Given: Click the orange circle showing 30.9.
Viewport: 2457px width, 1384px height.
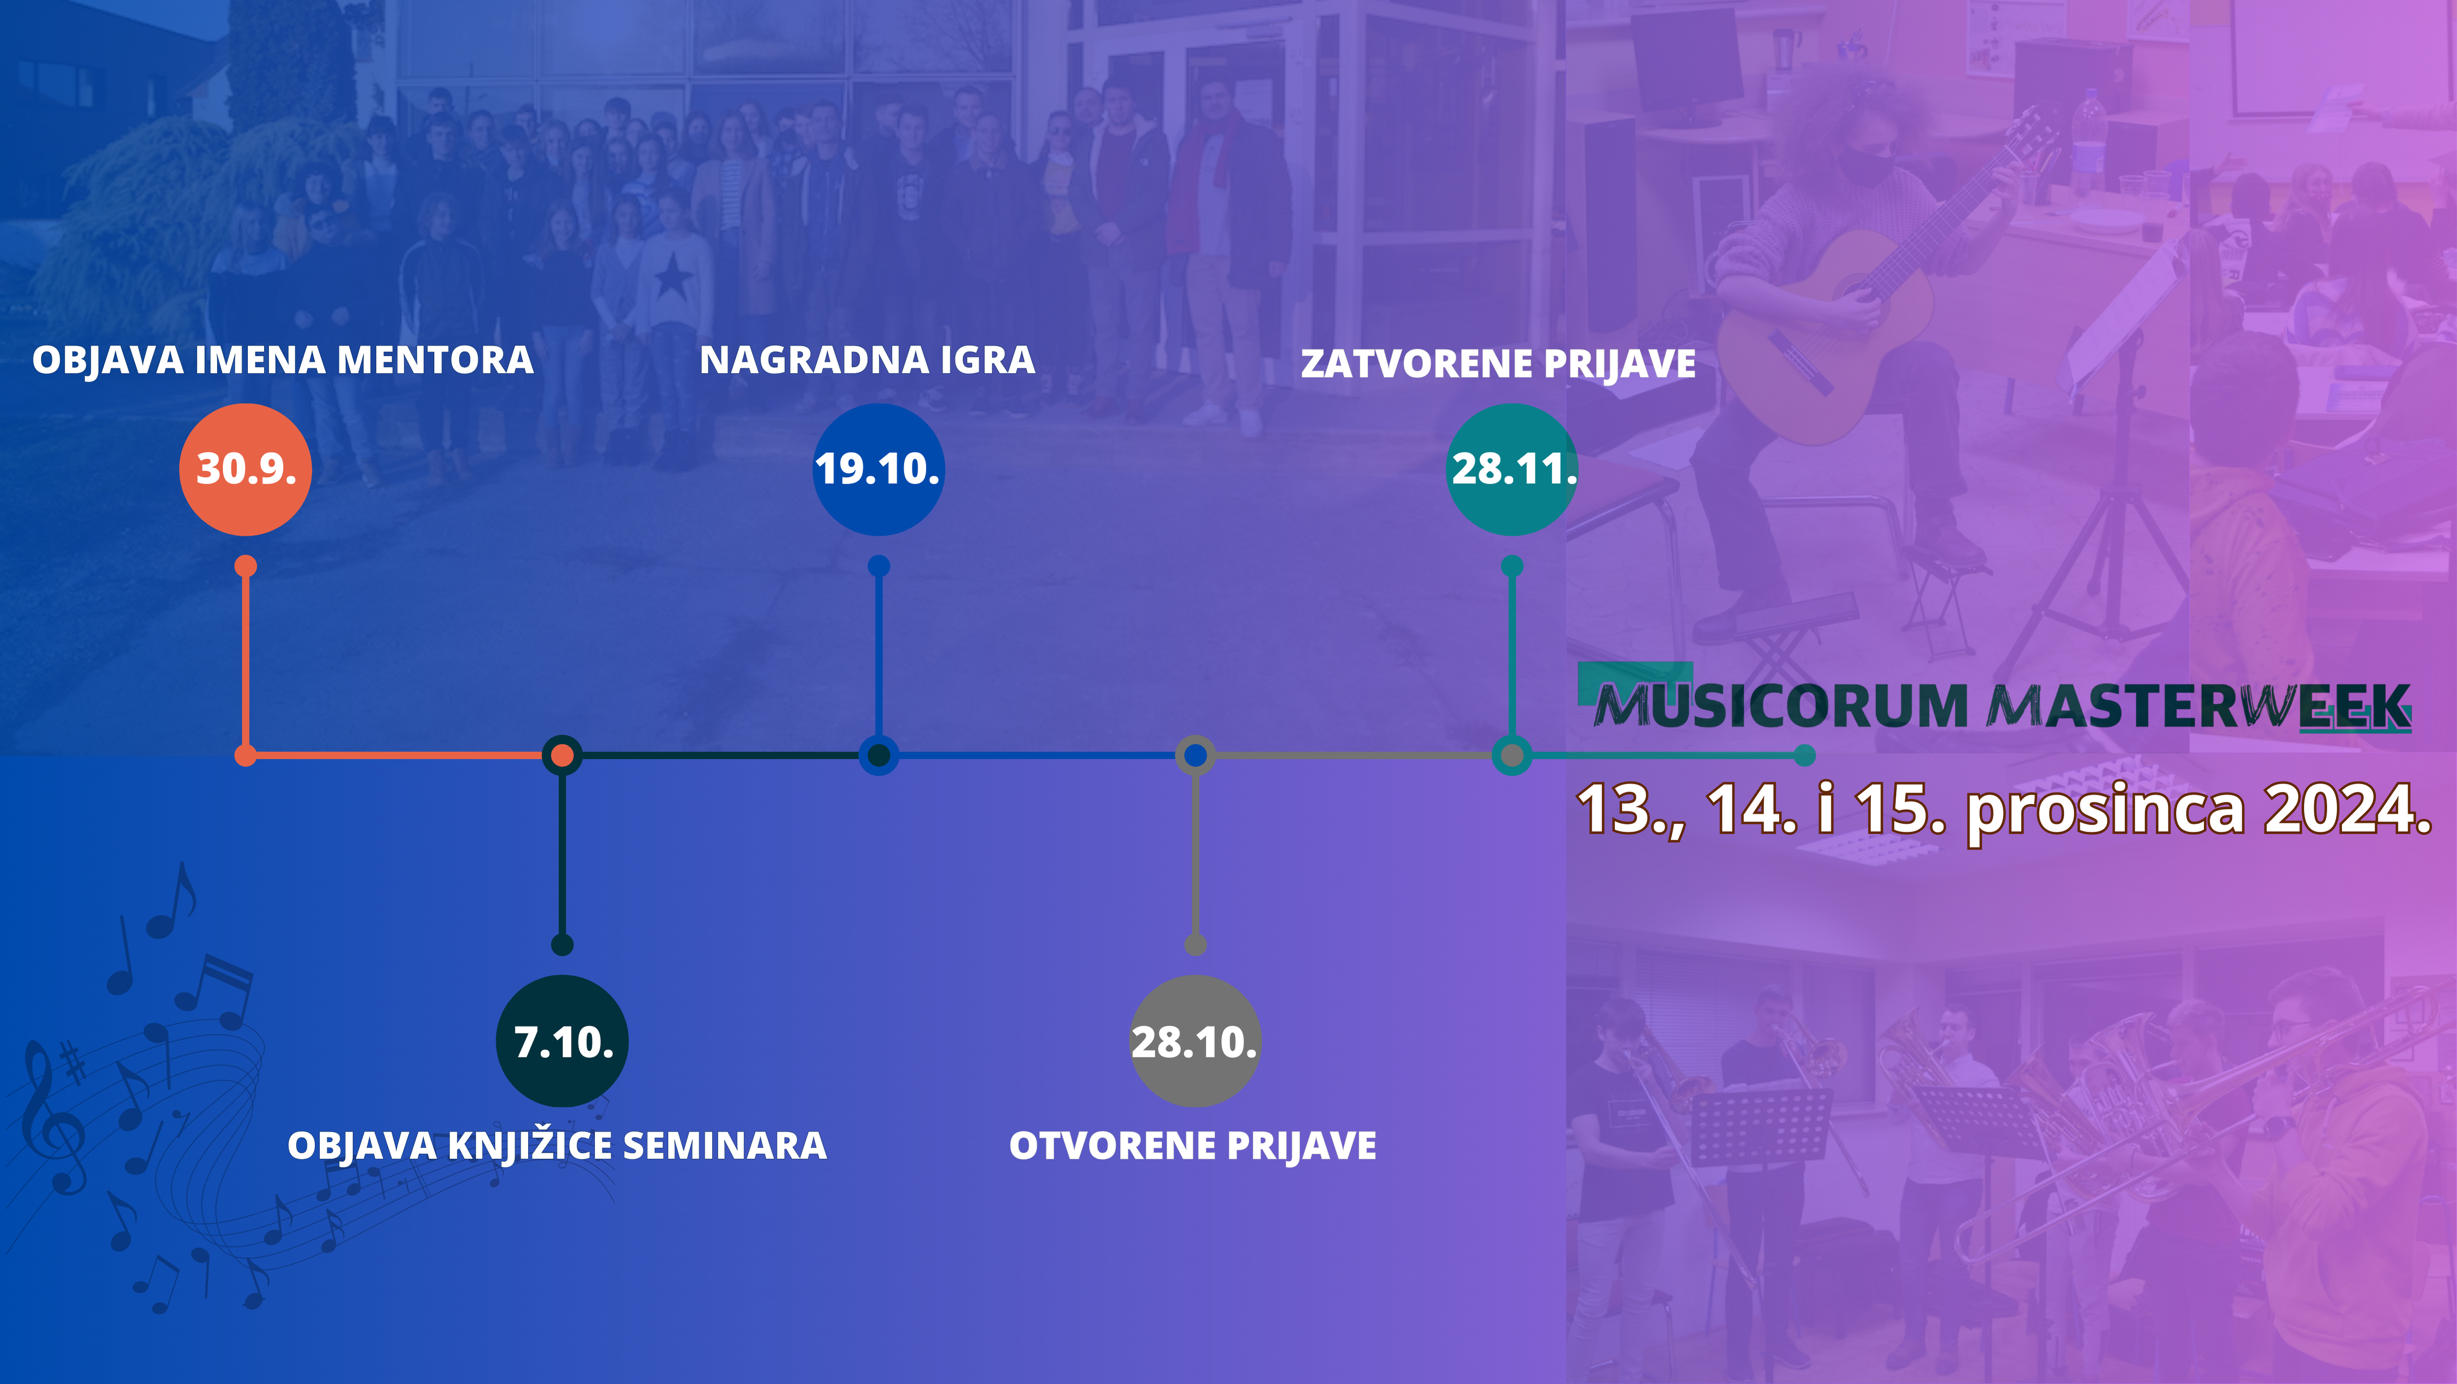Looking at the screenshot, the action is click(x=245, y=469).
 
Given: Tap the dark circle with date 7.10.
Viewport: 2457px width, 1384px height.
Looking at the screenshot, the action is click(x=562, y=1041).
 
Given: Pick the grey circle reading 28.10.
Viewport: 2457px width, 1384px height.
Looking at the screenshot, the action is click(x=1195, y=1041).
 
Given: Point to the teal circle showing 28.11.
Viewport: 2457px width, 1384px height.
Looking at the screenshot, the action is click(x=1512, y=469).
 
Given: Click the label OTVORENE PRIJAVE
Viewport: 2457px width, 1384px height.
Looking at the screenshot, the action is click(x=1193, y=1146).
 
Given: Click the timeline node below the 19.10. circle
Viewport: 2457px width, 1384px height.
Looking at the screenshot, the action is click(x=878, y=756).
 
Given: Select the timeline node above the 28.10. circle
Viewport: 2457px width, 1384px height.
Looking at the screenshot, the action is click(x=1195, y=756).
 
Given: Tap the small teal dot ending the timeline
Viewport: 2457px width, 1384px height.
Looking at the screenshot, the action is click(x=1804, y=756).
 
